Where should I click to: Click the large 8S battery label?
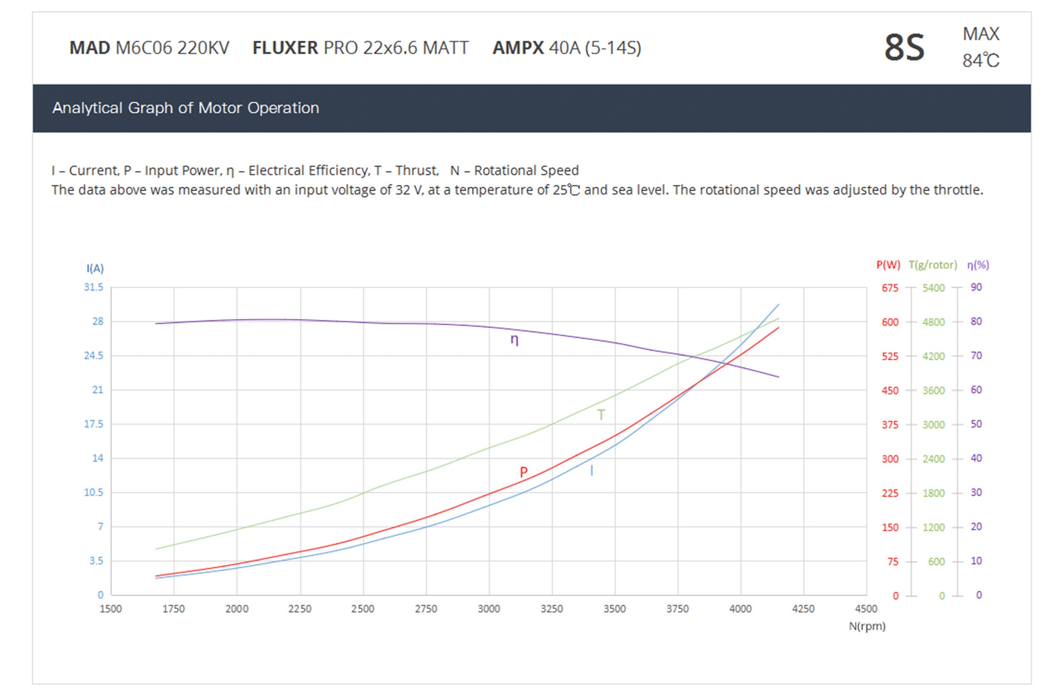tap(904, 47)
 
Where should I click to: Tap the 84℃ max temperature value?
tap(981, 61)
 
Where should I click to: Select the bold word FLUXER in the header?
tap(285, 48)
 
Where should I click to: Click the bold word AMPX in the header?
tap(517, 48)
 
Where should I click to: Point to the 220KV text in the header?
tap(203, 48)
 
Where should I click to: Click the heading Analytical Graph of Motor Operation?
tap(185, 108)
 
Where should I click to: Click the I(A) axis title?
tap(95, 268)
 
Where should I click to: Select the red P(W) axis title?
tap(888, 265)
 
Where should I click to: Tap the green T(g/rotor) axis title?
tap(933, 265)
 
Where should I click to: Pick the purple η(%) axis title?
tap(978, 265)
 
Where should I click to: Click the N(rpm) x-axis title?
tap(867, 627)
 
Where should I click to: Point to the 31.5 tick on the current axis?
tap(94, 287)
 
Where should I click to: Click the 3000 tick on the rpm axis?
tap(489, 609)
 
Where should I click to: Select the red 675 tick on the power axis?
tap(890, 288)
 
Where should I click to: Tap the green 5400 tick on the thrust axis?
tap(933, 288)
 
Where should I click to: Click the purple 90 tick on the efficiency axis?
tap(976, 287)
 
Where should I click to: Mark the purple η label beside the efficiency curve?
tap(514, 340)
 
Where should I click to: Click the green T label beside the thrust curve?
tap(601, 415)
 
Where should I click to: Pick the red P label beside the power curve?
tap(523, 472)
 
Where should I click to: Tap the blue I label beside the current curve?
tap(592, 471)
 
